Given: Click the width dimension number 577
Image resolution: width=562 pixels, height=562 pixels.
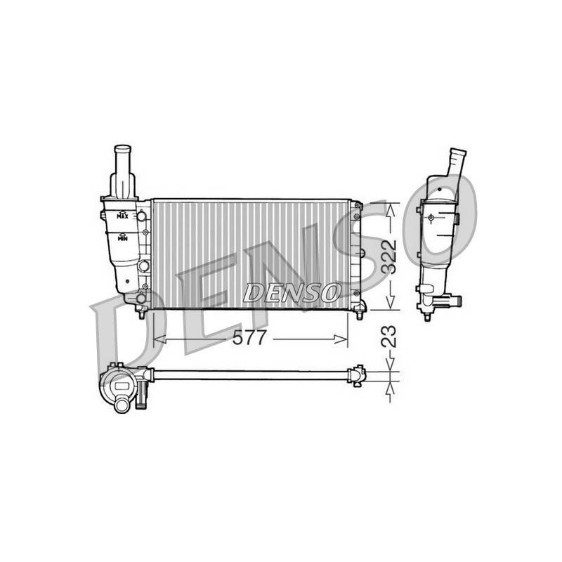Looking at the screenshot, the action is point(249,338).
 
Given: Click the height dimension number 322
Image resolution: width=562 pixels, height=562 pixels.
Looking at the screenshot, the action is point(389,256).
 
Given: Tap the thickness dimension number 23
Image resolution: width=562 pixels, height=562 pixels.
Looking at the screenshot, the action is point(389,336).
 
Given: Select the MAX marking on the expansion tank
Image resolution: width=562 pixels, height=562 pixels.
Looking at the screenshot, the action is point(122,216).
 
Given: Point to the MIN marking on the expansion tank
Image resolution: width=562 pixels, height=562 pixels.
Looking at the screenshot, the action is point(122,237).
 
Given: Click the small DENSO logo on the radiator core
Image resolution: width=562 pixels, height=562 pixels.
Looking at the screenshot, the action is point(292,292).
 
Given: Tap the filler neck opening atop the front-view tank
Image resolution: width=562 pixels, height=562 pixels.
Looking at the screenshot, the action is point(122,148).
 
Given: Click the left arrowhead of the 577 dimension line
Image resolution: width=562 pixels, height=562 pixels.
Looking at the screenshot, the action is point(160,339).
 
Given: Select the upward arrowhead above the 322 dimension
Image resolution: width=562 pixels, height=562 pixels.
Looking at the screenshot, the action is point(390,210).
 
